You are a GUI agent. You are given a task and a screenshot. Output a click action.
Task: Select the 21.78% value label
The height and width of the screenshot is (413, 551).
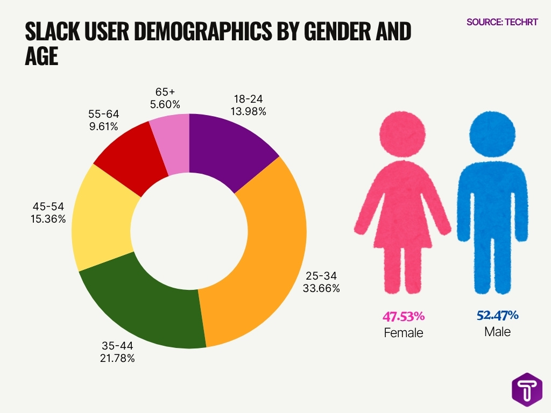117,358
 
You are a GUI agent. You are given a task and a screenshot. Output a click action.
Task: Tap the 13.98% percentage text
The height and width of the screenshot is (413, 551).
249,111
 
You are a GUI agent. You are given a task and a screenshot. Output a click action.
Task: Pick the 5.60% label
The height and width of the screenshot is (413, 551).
165,104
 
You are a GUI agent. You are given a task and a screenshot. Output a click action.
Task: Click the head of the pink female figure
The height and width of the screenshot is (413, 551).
402,133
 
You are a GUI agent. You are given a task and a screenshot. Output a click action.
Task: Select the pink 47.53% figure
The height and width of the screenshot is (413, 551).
403,316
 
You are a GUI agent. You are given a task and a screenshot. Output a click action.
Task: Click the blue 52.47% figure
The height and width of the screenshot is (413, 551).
497,315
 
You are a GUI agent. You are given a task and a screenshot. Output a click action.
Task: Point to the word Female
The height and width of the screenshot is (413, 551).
403,333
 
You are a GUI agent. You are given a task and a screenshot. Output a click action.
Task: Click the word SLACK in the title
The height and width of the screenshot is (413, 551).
54,32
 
